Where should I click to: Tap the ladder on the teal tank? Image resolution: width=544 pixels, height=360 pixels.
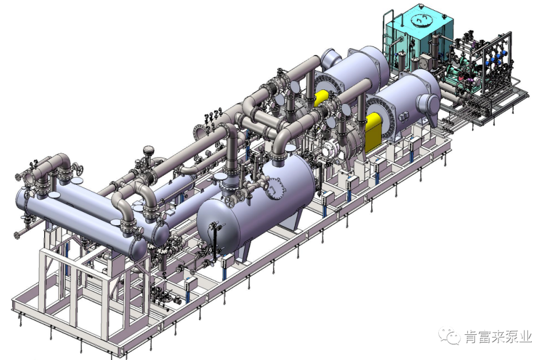point(388,35)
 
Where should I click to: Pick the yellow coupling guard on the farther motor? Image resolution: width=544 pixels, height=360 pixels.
point(321,98)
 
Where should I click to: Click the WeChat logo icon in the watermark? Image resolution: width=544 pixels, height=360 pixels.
point(450,336)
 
